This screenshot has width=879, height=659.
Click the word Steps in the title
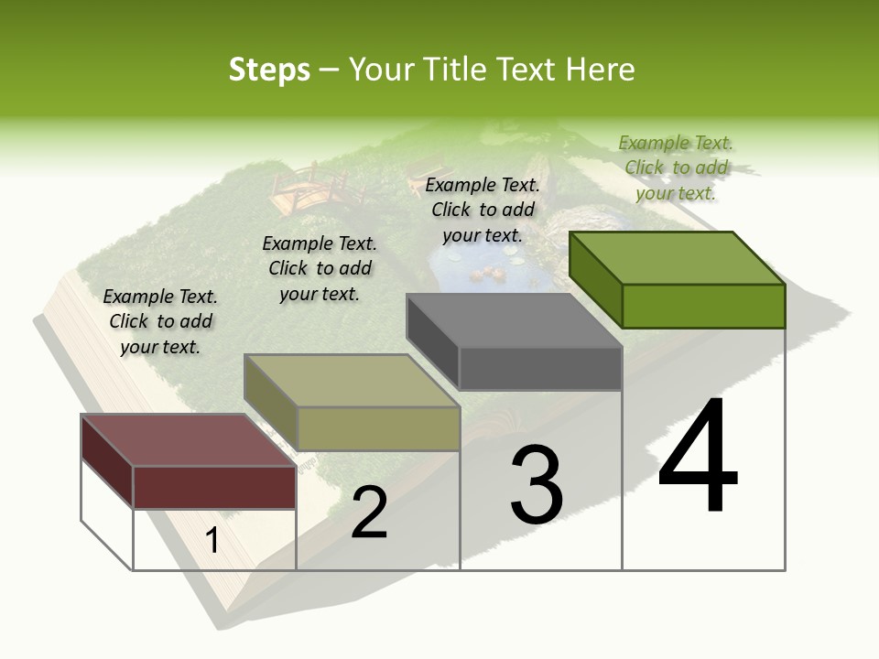268,70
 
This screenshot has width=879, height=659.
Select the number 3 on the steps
537,485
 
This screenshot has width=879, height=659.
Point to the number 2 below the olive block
369,513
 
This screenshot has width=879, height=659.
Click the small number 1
212,540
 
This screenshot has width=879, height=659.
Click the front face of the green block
703,306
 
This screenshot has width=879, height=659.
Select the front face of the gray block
540,368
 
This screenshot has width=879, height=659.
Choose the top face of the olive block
353,381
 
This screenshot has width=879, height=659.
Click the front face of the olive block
378,428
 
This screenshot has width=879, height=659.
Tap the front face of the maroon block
214,487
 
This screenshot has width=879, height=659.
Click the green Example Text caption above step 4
676,167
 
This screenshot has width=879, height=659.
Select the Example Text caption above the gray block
483,210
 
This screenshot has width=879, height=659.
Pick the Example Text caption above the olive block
320,268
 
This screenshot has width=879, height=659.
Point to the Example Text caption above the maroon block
160,321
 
